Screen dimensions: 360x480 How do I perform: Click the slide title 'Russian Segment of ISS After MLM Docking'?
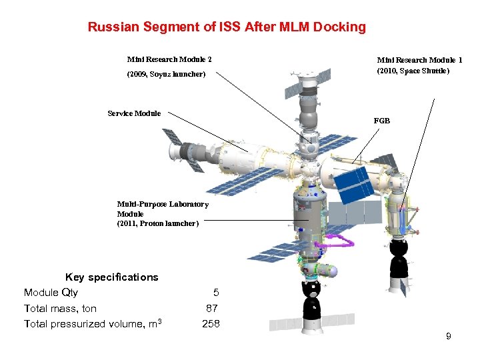tap(227, 27)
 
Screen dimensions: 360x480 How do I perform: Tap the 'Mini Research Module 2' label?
tap(169, 59)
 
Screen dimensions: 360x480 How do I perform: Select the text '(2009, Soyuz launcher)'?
tap(166, 74)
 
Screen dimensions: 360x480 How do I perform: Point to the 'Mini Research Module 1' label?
tap(419, 60)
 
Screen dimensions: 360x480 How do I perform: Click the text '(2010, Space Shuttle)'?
tap(413, 71)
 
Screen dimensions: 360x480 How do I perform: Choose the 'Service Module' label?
tap(134, 113)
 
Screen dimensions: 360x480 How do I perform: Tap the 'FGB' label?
tap(382, 121)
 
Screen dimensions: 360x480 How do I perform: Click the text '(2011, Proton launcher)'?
tap(158, 223)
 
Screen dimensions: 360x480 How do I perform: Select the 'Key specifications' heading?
tap(111, 277)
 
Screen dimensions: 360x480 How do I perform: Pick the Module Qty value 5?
tap(215, 293)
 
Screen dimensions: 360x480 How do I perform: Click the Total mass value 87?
tap(211, 308)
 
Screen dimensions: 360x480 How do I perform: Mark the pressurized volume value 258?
tap(211, 324)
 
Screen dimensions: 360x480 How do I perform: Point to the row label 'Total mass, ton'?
tap(60, 308)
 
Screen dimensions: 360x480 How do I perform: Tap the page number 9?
tap(448, 337)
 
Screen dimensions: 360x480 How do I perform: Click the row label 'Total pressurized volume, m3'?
tap(93, 324)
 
